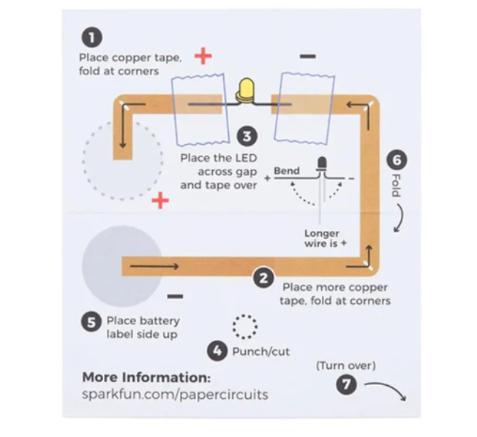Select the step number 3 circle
tap(247, 136)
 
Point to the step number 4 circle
tap(217, 351)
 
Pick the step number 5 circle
tap(91, 322)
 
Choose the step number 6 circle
tap(396, 159)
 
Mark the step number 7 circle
tap(346, 383)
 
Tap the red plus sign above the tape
tap(203, 56)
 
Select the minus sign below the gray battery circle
tap(175, 297)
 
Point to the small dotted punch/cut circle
tap(244, 326)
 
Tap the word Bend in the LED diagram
tap(287, 171)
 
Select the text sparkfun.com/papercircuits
tap(175, 395)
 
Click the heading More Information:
tap(146, 377)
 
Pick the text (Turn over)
tap(345, 365)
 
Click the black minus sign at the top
tap(307, 56)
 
